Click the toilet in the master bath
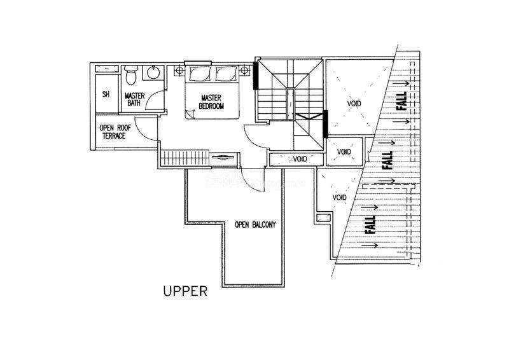(131, 74)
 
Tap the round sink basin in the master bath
(153, 73)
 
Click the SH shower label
(106, 95)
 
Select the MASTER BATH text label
(134, 99)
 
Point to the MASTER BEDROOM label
(211, 102)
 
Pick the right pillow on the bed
(227, 73)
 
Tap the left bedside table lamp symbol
(179, 70)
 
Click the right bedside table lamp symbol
(244, 70)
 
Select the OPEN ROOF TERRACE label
(115, 132)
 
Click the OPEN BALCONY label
(255, 225)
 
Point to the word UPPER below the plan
(185, 291)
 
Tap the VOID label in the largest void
(354, 104)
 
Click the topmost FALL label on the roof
(403, 101)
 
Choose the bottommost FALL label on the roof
(370, 225)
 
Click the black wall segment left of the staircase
(256, 75)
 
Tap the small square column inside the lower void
(323, 218)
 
